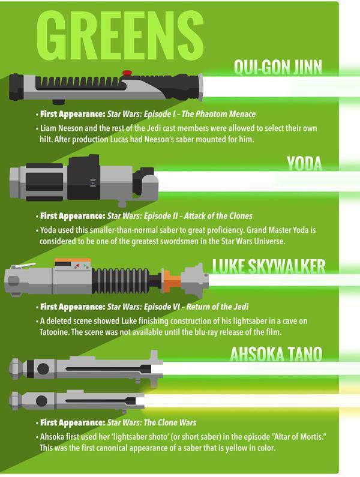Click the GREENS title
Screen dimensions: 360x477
pyautogui.click(x=120, y=35)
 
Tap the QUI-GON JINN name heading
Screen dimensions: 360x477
pyautogui.click(x=278, y=67)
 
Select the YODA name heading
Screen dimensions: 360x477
pyautogui.click(x=304, y=164)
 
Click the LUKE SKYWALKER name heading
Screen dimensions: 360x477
pyautogui.click(x=269, y=266)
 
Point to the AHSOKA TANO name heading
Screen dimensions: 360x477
pyautogui.click(x=276, y=354)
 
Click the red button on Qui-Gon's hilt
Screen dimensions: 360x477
pyautogui.click(x=127, y=73)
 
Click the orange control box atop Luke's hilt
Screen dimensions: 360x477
pyautogui.click(x=73, y=264)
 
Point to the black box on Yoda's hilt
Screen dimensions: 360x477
pyautogui.click(x=83, y=177)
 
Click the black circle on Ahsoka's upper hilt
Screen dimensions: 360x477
pyautogui.click(x=43, y=369)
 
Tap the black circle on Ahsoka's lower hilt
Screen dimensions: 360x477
pyautogui.click(x=41, y=401)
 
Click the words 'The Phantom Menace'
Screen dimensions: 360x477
pyautogui.click(x=218, y=114)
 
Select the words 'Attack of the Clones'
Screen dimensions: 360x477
pyautogui.click(x=218, y=216)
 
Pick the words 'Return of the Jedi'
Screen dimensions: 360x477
pyautogui.click(x=217, y=307)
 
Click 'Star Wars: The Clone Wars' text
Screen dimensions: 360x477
pyautogui.click(x=152, y=422)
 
